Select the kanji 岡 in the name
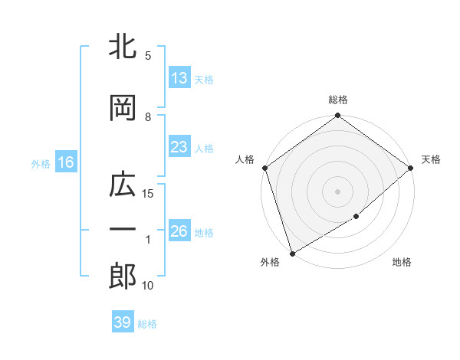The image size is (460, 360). click(123, 108)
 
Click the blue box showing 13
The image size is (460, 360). click(179, 78)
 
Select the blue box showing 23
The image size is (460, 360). click(179, 147)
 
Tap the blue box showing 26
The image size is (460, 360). click(179, 231)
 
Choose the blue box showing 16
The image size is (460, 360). click(65, 162)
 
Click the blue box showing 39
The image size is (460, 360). click(122, 322)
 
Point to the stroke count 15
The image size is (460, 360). click(149, 194)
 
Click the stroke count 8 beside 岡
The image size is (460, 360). click(148, 116)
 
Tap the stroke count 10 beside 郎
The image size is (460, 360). click(149, 286)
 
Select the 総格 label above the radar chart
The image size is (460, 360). click(338, 100)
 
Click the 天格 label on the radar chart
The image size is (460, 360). click(431, 159)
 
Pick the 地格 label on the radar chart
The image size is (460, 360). click(402, 263)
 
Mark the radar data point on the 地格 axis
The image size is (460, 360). click(356, 217)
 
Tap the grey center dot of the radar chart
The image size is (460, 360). click(338, 191)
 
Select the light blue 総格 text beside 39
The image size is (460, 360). click(147, 324)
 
